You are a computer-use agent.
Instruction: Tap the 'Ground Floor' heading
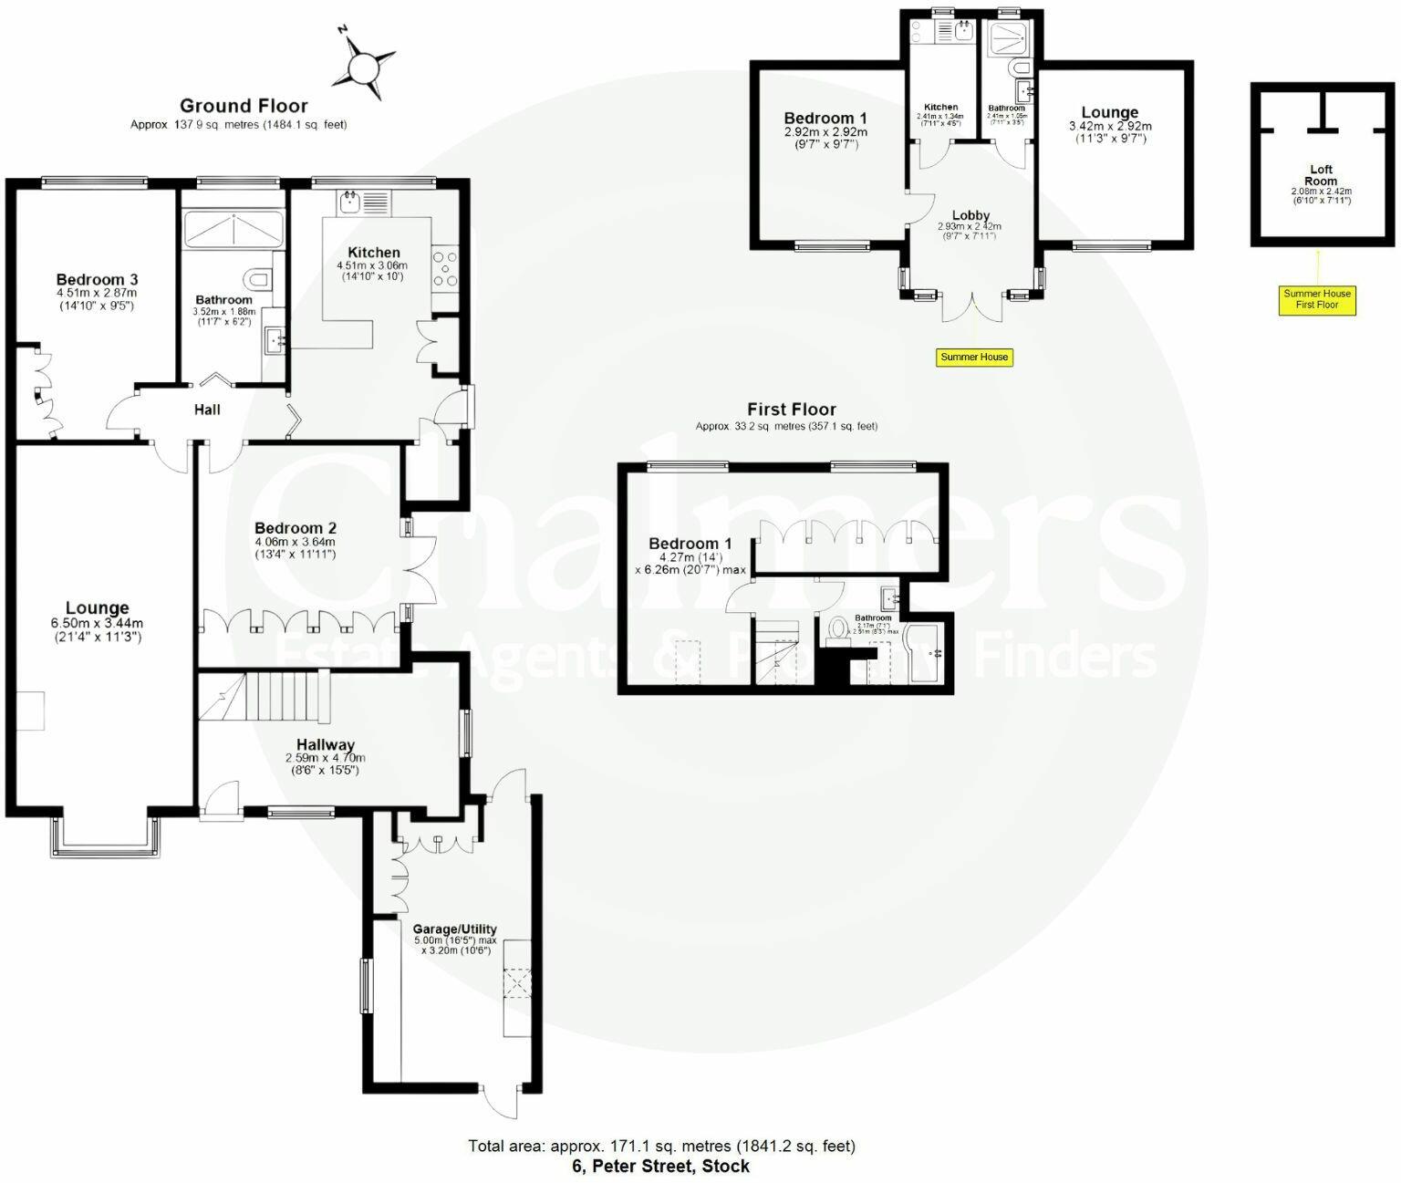point(244,106)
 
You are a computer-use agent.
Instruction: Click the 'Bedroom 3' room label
point(97,279)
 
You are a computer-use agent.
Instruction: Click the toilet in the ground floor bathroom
point(258,277)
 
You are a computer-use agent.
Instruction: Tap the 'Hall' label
point(207,410)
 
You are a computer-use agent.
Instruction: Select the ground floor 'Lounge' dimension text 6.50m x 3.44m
point(97,624)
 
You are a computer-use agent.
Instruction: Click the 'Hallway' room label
point(325,745)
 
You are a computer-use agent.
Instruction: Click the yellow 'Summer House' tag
point(974,357)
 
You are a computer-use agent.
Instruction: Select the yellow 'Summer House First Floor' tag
point(1317,299)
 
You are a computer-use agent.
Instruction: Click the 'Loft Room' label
point(1321,175)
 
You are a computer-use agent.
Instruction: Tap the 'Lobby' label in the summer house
point(970,216)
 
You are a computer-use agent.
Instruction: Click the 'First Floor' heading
point(791,410)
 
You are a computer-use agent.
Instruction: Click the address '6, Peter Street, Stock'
point(661,1166)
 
